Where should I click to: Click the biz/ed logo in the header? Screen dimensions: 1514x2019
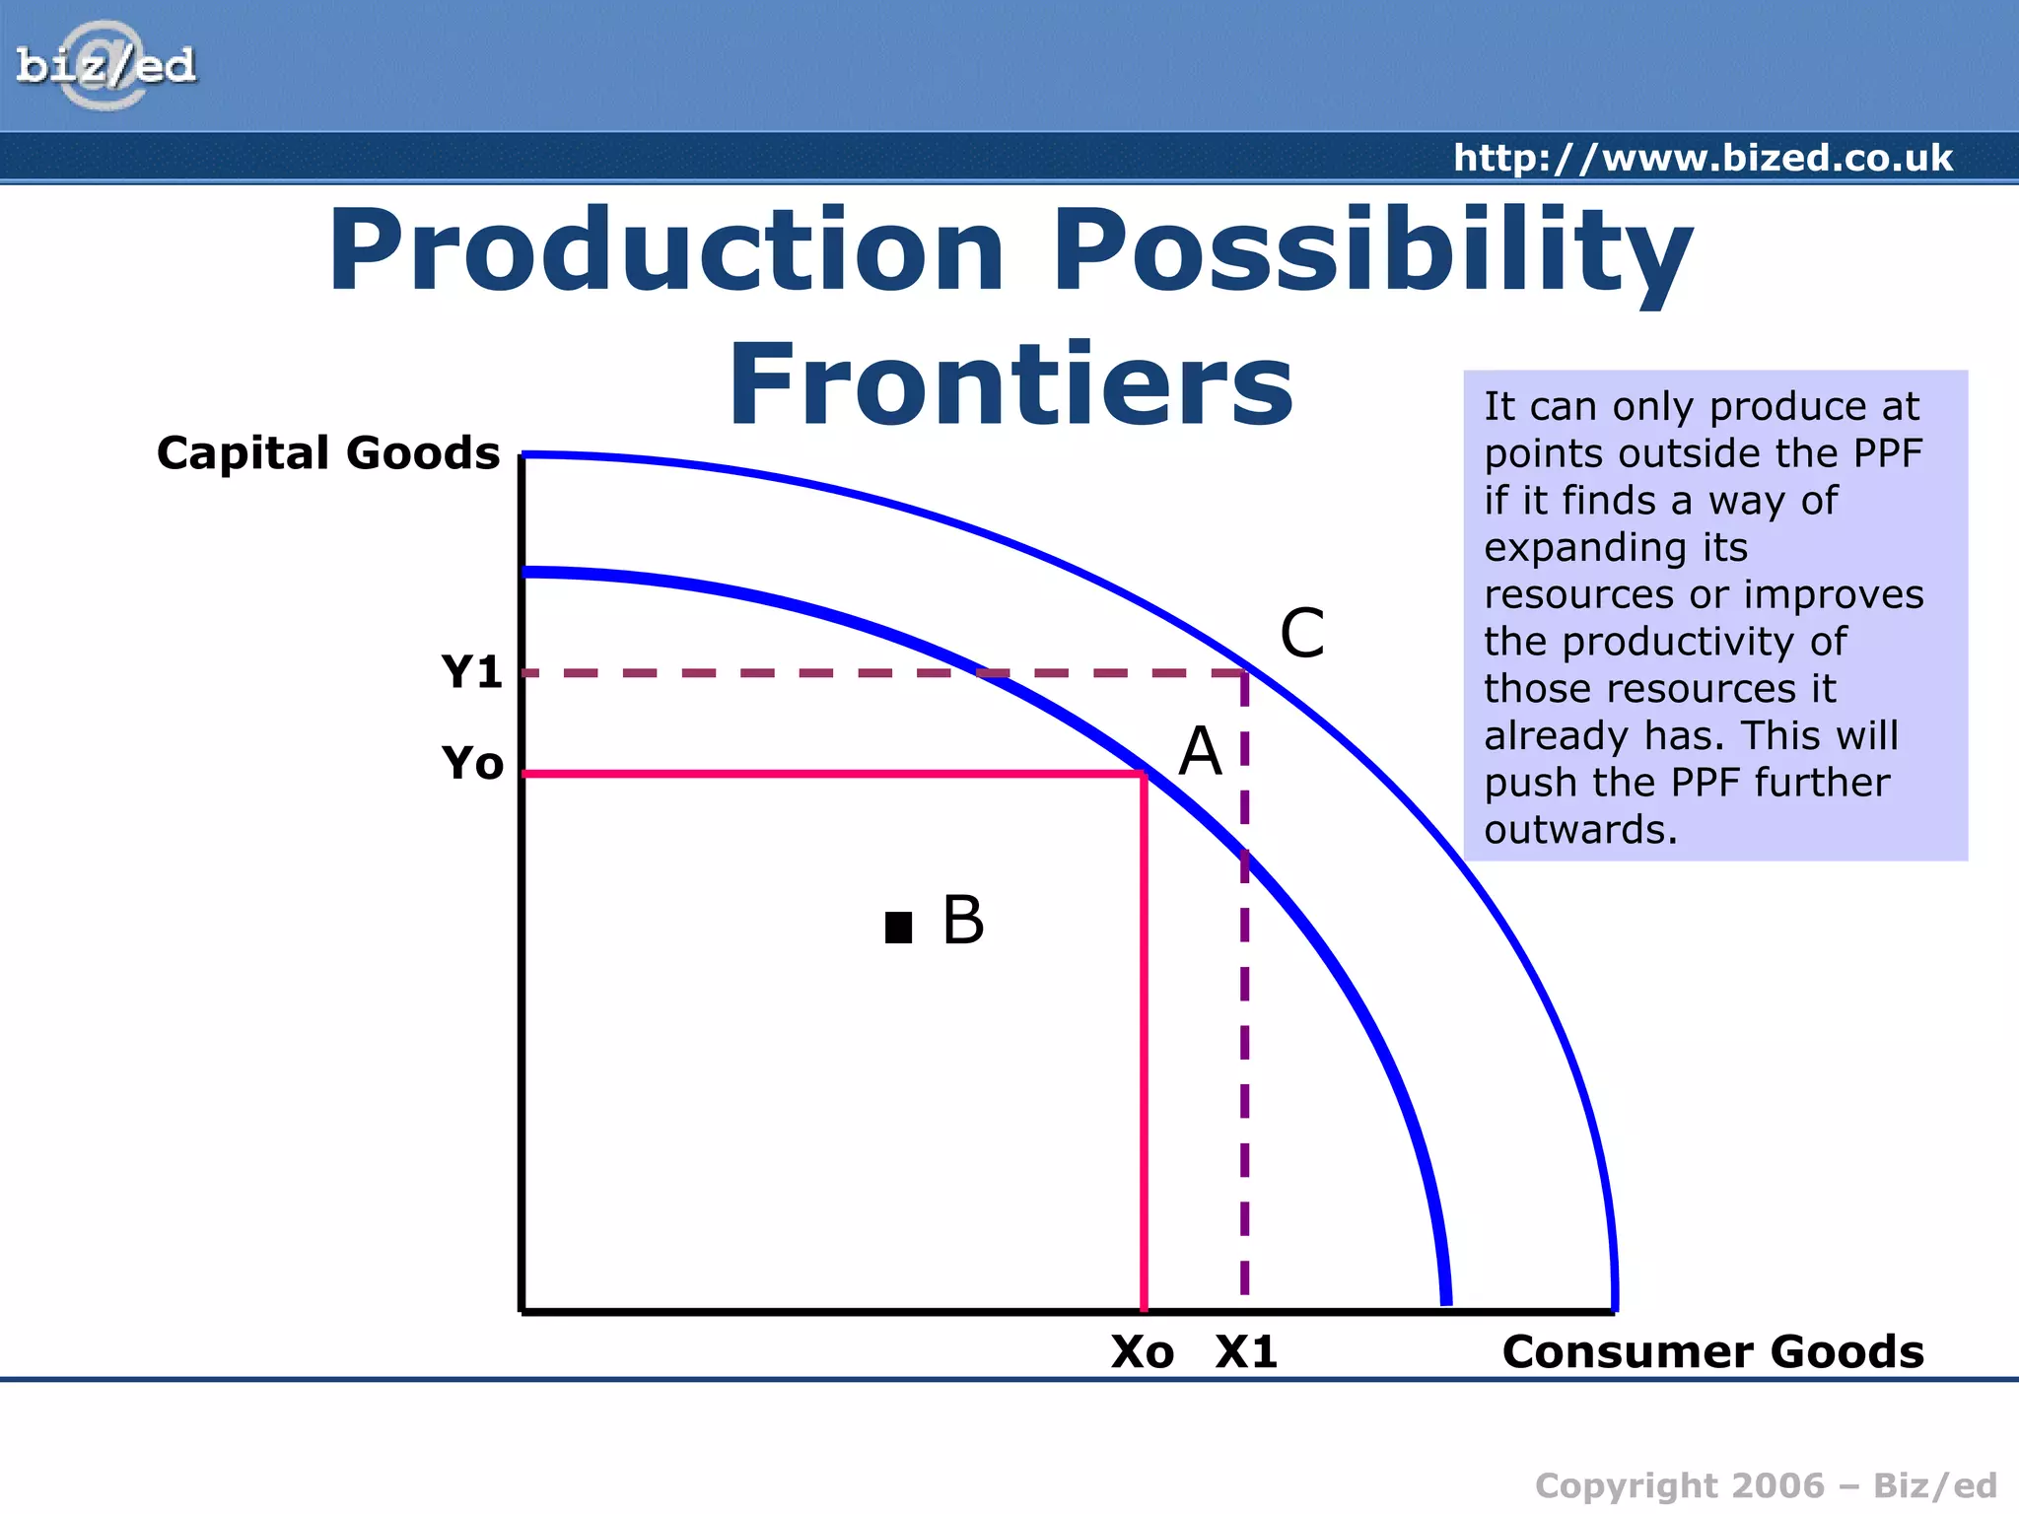point(105,65)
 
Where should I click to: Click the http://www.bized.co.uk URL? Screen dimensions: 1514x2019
point(1703,158)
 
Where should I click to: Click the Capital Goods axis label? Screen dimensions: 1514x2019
point(328,453)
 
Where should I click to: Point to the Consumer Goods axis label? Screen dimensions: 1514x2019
point(1712,1351)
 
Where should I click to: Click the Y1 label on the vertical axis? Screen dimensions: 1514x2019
point(472,672)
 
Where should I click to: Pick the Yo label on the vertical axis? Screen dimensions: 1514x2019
point(472,763)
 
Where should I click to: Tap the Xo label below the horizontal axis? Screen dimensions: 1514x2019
point(1143,1352)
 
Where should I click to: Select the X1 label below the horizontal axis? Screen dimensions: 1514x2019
point(1246,1352)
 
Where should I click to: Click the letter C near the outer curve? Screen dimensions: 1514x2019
point(1301,633)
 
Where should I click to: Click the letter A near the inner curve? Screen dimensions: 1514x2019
point(1201,752)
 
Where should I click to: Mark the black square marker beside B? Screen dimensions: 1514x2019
point(898,928)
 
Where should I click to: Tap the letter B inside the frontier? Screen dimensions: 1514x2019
point(963,920)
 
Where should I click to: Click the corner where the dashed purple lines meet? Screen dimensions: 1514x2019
point(1244,673)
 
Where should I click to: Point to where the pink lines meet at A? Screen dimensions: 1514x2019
point(1144,774)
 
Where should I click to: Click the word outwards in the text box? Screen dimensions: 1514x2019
point(1580,830)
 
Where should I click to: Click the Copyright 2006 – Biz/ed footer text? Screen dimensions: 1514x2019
point(1766,1485)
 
